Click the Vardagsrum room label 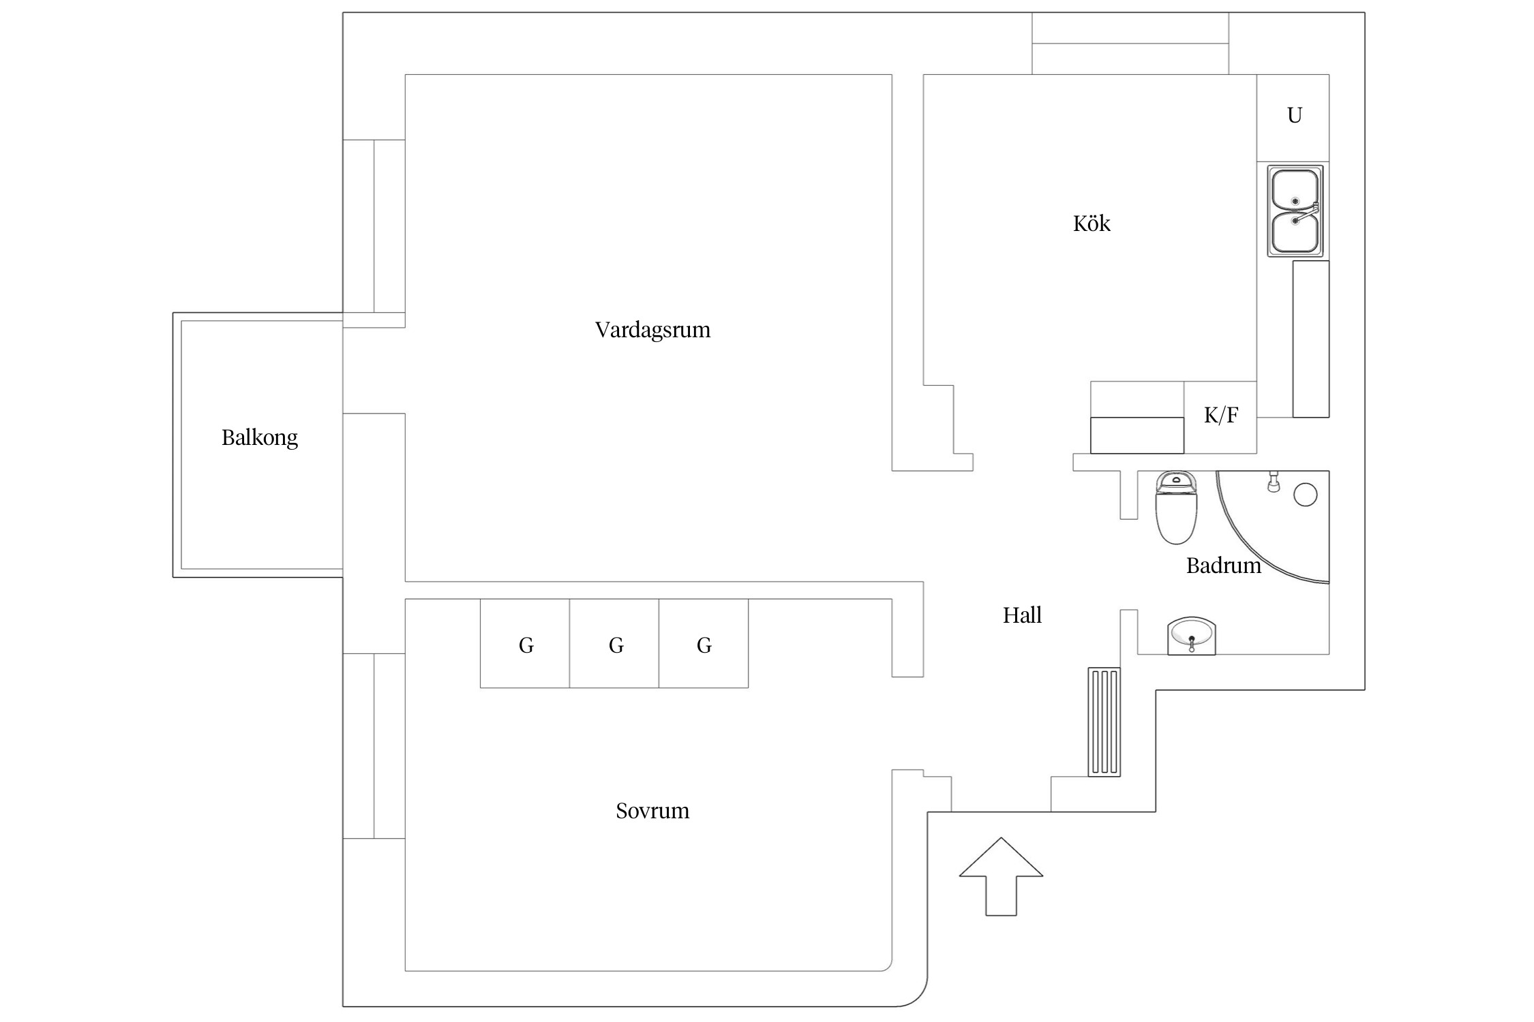click(652, 330)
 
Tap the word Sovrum click(652, 811)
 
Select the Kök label click(1092, 223)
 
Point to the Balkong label click(259, 437)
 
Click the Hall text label click(1022, 615)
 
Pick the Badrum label click(1223, 566)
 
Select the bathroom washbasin click(1191, 636)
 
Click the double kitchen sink click(1295, 211)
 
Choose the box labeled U click(1293, 117)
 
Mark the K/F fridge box click(1220, 416)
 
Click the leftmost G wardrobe click(525, 644)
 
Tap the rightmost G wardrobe click(704, 644)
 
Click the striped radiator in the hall click(1104, 722)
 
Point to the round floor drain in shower click(1305, 495)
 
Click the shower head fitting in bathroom click(1272, 482)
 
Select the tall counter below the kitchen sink click(1310, 339)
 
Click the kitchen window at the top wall click(1130, 44)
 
